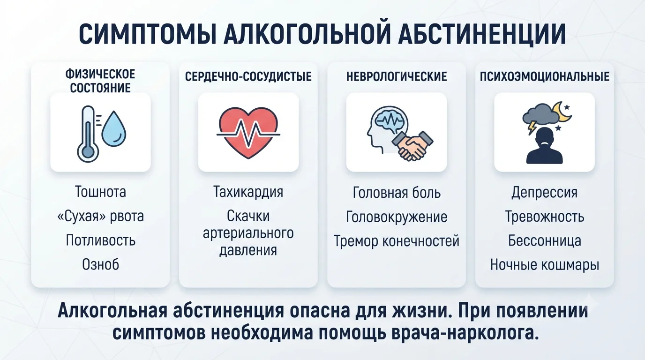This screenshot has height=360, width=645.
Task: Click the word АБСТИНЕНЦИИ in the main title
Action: coord(482,34)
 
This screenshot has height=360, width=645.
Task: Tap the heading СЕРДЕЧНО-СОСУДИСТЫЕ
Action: coord(248,76)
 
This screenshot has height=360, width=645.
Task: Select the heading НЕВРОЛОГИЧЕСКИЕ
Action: coord(397,76)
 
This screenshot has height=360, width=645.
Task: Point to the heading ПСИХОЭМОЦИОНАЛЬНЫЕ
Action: coord(545,76)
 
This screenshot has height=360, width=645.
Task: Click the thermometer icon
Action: coord(88,134)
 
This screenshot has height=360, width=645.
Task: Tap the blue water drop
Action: coord(114,129)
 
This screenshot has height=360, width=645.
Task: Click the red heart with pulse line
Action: coord(248,133)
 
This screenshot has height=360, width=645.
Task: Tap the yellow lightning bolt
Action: coord(532,127)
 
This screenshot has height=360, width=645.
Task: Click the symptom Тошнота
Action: coord(100,192)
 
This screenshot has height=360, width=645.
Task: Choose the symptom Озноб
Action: coord(100,264)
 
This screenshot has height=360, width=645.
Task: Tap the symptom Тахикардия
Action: coord(248,192)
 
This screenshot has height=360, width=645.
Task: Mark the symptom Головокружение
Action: coord(397,217)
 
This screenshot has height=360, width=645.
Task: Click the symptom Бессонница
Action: coord(545,241)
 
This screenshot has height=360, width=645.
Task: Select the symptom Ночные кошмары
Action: coord(545,265)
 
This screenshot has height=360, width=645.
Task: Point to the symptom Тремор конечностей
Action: coord(397,241)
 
